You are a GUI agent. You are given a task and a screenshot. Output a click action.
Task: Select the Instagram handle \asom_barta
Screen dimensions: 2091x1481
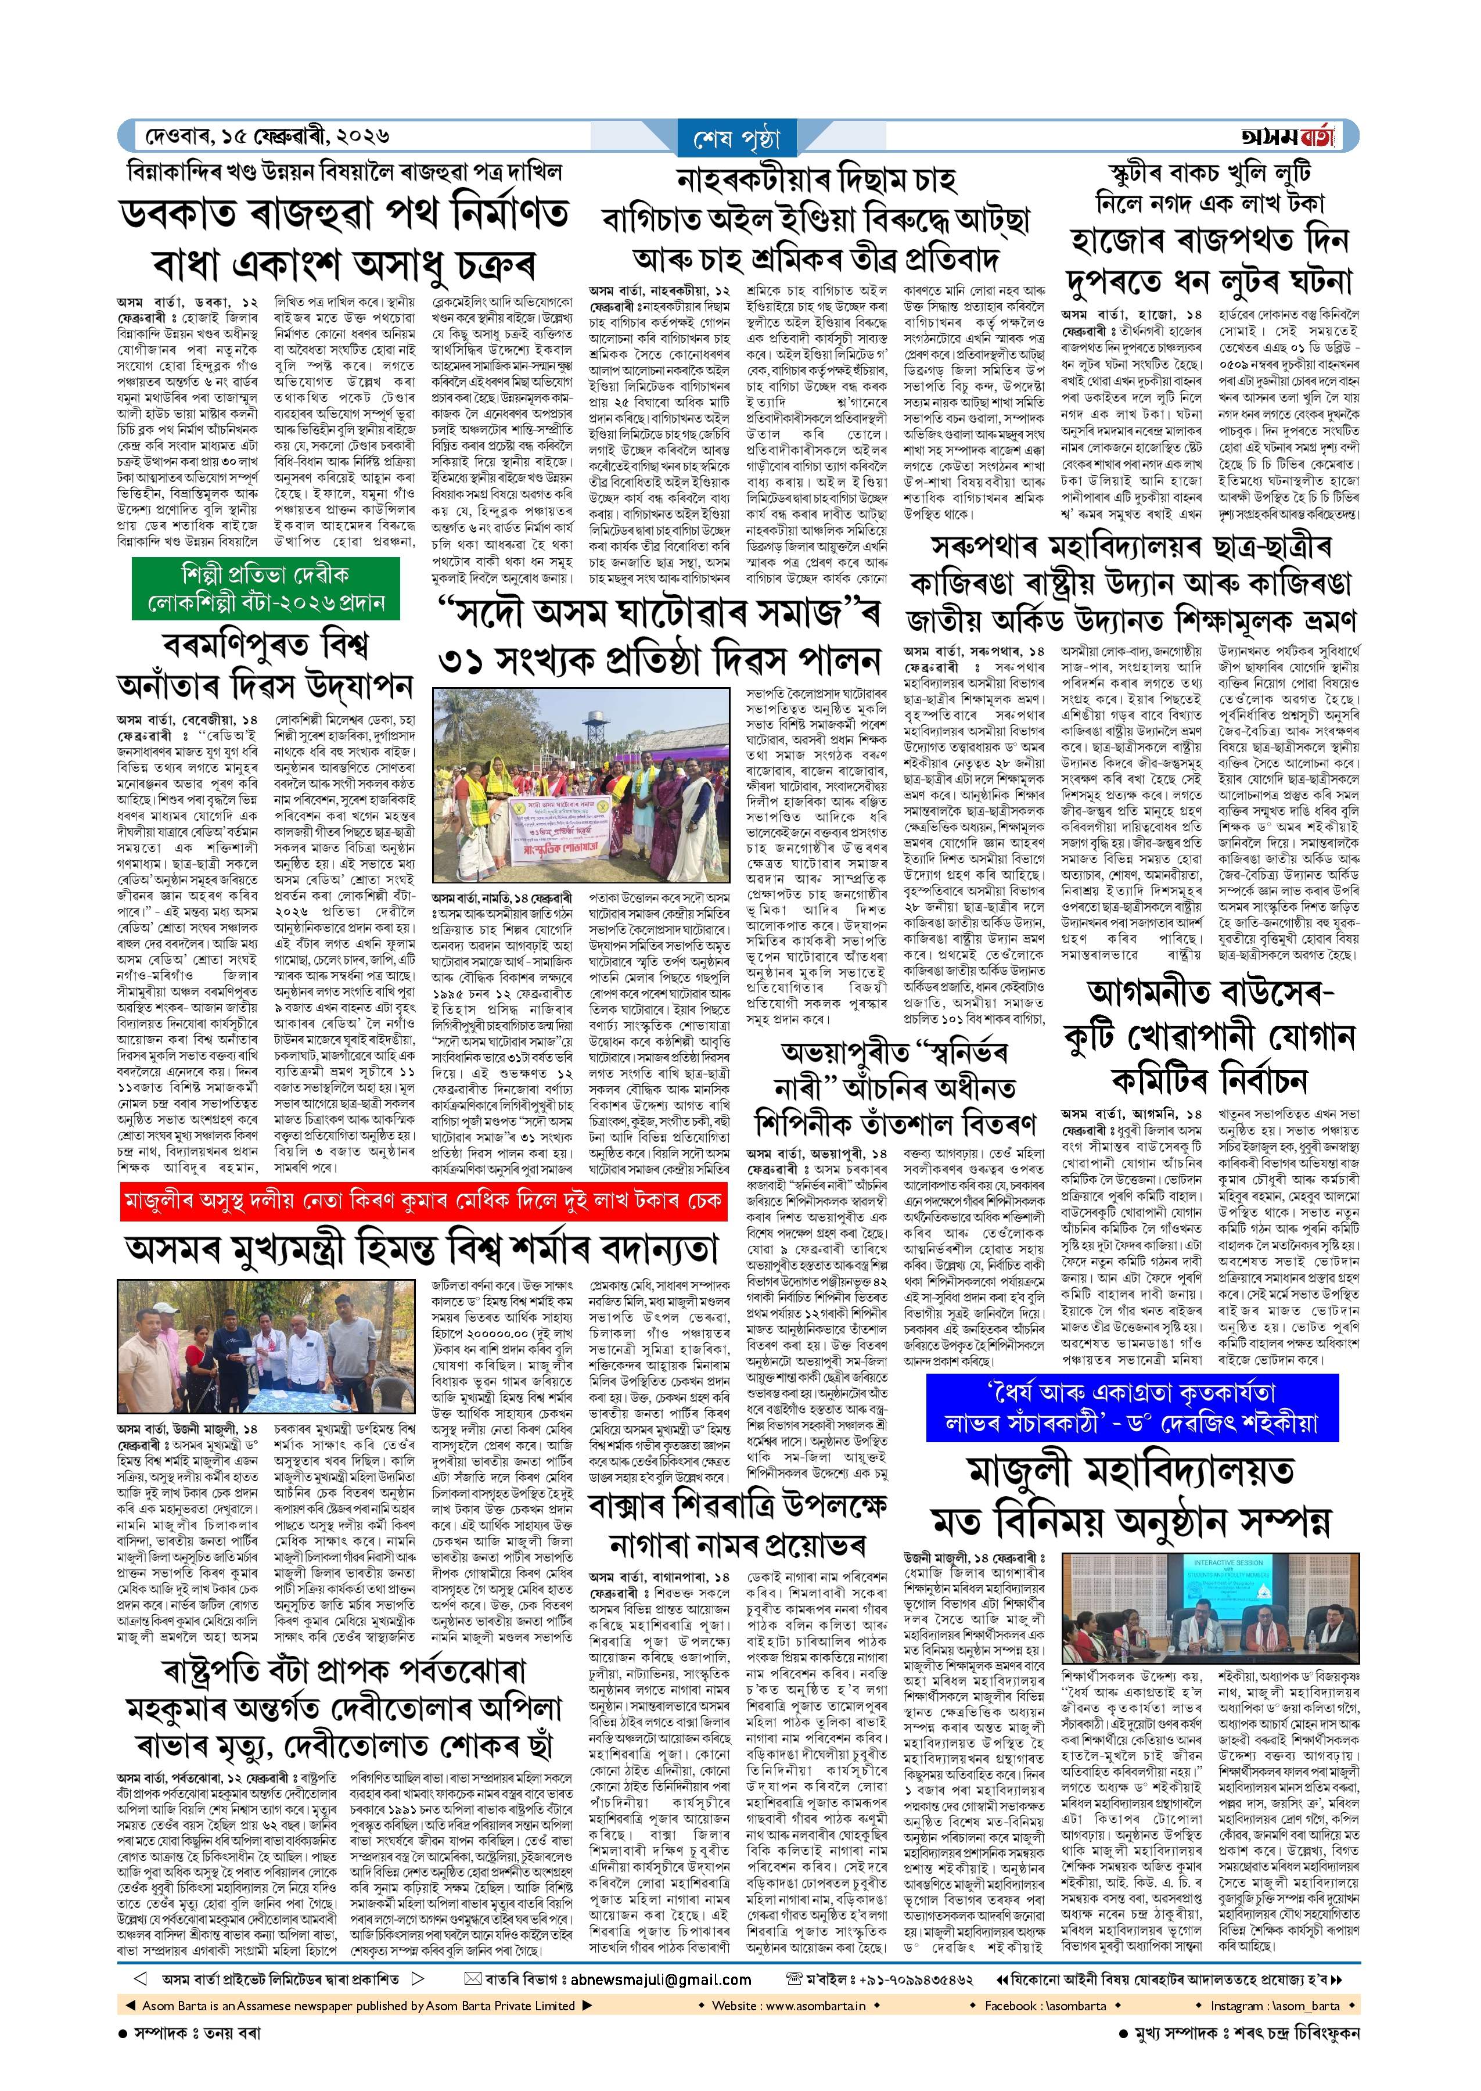coord(1275,2005)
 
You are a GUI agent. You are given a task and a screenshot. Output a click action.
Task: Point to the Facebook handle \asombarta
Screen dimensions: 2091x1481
coord(1044,2005)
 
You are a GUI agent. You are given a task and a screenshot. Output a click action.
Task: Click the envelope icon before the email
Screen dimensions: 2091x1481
coord(472,1979)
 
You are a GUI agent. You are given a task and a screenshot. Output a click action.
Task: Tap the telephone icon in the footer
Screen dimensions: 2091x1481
coord(793,1979)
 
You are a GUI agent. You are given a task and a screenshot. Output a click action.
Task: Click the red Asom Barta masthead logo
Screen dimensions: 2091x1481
coord(1287,136)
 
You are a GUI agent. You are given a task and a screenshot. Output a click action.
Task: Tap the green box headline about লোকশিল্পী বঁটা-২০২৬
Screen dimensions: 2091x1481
coord(265,588)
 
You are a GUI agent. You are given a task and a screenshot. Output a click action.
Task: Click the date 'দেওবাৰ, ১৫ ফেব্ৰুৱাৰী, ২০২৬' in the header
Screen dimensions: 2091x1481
coord(267,136)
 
